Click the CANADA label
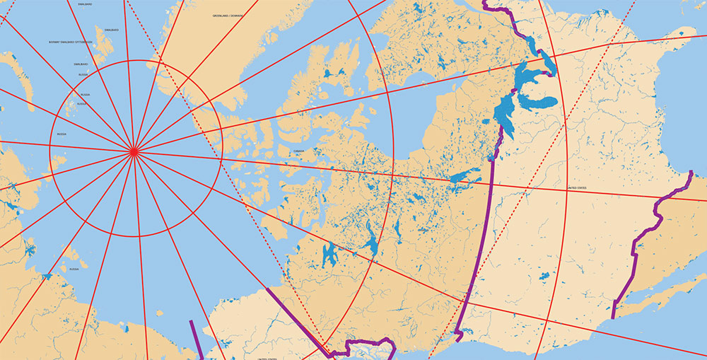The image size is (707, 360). click(x=298, y=151)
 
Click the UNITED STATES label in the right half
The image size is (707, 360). click(x=578, y=188)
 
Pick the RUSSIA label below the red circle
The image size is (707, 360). click(x=74, y=269)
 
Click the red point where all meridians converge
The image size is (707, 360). click(x=133, y=151)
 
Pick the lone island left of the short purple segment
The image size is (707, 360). click(x=125, y=328)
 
